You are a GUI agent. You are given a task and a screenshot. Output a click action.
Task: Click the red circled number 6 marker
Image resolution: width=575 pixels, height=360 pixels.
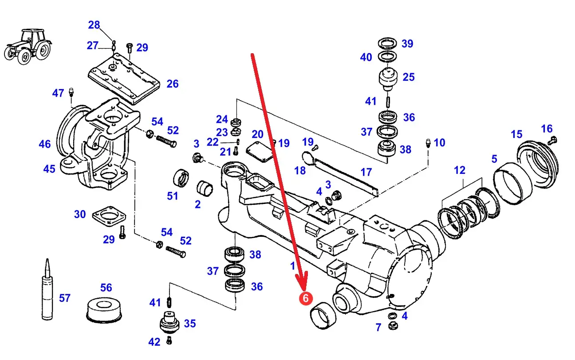[x=305, y=298]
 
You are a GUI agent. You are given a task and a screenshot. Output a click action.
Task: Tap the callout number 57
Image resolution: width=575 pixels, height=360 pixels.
[x=65, y=298]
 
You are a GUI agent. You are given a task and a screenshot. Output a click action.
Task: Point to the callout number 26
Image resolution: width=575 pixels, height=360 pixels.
[x=172, y=83]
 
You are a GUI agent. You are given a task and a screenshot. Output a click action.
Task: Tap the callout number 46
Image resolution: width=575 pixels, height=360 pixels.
[x=45, y=144]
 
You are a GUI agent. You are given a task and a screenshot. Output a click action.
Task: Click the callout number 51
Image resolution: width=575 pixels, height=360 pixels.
[x=172, y=196]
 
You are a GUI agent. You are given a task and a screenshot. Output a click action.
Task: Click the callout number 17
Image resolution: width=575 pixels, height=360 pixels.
[x=366, y=172]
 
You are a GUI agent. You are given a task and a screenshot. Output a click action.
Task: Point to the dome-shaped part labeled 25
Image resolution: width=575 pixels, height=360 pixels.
[x=388, y=79]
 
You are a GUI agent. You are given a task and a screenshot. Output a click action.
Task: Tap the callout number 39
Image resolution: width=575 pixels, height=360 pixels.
[x=407, y=43]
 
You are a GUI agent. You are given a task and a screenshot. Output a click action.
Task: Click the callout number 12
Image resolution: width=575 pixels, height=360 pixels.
[x=460, y=170]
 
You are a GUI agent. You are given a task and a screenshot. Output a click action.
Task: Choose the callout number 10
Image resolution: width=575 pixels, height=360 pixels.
[x=439, y=142]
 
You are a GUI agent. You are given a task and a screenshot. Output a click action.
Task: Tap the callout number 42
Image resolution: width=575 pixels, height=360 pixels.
[x=154, y=342]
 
